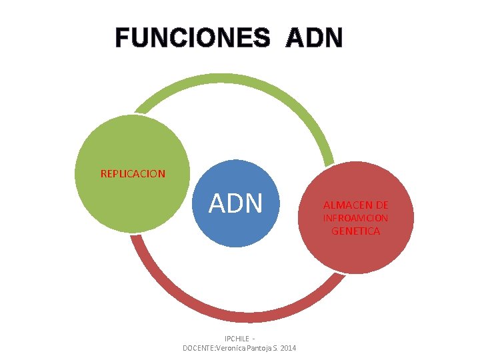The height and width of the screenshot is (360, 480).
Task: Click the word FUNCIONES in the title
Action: (x=193, y=37)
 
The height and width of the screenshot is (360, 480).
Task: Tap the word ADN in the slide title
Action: (x=314, y=37)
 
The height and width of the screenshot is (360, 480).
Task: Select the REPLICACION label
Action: (x=133, y=174)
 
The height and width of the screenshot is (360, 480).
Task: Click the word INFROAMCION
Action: (x=356, y=218)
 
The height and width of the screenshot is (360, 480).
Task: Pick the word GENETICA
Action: (x=356, y=231)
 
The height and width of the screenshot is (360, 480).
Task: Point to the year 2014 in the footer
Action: (x=288, y=349)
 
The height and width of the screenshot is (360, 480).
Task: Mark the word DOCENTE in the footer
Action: (x=199, y=349)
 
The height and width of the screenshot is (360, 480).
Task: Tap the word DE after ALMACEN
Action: (x=382, y=205)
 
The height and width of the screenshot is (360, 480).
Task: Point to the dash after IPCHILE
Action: (x=254, y=339)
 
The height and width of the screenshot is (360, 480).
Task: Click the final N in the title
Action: (x=333, y=37)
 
